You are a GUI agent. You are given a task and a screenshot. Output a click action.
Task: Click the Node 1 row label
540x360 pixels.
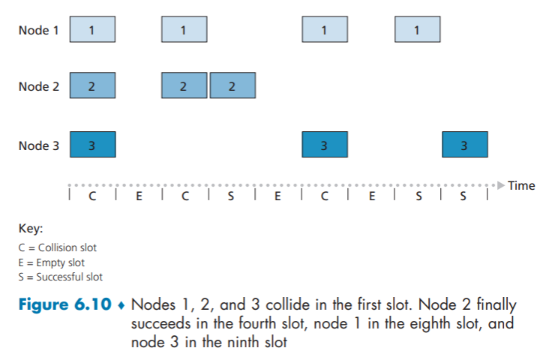38,30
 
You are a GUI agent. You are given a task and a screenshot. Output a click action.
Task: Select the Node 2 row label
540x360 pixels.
38,86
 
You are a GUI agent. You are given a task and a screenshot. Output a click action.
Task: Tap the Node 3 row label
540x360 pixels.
38,145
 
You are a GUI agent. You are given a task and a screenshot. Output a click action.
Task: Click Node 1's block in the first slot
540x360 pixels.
92,30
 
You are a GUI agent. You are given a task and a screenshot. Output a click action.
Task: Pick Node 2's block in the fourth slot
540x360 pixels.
232,86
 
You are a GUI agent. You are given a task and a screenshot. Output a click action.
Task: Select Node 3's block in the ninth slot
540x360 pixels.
464,145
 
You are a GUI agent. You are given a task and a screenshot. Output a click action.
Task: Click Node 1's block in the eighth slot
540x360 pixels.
417,30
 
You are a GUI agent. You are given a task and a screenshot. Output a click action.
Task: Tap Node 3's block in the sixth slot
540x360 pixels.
324,145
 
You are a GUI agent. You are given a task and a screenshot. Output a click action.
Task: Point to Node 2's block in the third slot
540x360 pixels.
184,86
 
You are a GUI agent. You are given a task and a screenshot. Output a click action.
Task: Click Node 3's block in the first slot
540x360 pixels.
92,145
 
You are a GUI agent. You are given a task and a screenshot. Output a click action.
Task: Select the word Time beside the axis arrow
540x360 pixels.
521,185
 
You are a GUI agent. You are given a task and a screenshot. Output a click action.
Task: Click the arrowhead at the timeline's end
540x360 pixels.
500,185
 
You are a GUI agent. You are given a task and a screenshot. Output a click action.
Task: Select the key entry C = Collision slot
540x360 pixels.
58,247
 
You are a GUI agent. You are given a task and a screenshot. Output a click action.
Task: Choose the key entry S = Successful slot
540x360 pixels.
61,277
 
